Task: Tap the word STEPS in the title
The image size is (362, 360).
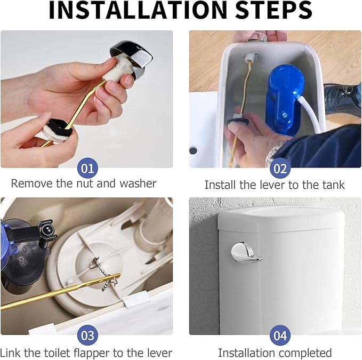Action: point(267,12)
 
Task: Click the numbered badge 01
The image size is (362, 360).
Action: point(87,169)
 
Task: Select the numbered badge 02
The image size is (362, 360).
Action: point(280,169)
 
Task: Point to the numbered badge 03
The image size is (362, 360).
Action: point(87,335)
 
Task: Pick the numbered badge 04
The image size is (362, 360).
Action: point(280,335)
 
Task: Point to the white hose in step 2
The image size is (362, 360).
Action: point(315,117)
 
